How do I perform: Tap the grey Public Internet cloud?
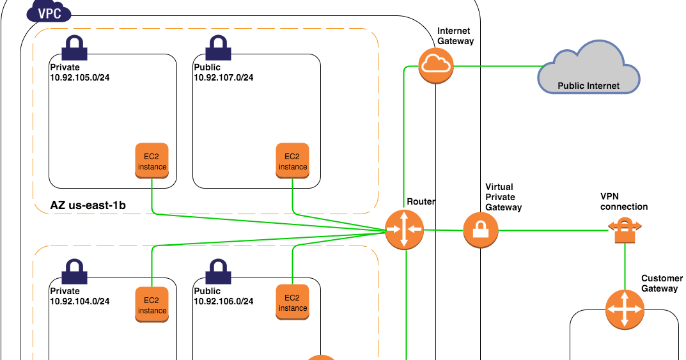(x=588, y=70)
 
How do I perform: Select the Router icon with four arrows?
(x=404, y=230)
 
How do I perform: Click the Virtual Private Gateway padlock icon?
(x=481, y=230)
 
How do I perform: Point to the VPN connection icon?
(x=624, y=230)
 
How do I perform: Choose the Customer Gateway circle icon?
(x=624, y=309)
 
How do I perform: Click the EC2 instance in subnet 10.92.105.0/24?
(x=152, y=161)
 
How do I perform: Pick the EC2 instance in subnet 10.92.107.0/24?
(x=292, y=161)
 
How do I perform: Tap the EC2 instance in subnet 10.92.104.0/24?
(x=152, y=305)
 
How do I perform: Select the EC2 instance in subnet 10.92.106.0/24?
(x=292, y=302)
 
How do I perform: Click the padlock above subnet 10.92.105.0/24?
(x=75, y=48)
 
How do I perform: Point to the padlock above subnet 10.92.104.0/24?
(x=75, y=271)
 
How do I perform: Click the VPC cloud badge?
(x=49, y=12)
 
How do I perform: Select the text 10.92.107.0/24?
(x=224, y=77)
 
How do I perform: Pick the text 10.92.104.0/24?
(x=80, y=301)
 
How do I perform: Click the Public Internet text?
(x=588, y=86)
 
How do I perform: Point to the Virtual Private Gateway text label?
(x=503, y=198)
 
